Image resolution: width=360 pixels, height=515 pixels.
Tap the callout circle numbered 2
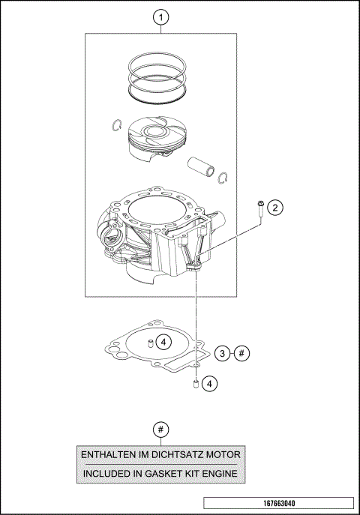tap(275, 207)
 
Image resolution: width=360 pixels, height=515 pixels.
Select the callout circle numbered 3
tap(222, 352)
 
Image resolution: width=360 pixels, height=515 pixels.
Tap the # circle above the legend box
tap(160, 429)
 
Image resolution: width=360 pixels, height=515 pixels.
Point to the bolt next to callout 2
tap(259, 209)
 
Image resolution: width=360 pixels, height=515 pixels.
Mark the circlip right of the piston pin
tap(223, 177)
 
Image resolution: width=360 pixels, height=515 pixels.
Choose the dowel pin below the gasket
tap(195, 385)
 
